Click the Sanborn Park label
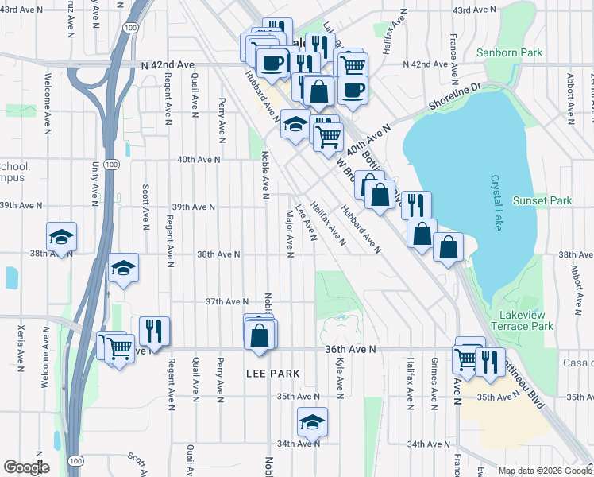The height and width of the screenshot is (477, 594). (508, 53)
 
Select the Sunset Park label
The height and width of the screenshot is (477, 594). (542, 201)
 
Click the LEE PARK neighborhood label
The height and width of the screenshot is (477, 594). (272, 373)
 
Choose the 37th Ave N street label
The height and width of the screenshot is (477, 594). (226, 302)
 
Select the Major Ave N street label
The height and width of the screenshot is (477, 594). (290, 234)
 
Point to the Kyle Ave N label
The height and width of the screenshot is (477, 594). (340, 377)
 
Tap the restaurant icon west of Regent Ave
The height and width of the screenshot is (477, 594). (154, 331)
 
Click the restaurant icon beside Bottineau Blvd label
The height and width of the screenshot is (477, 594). (490, 362)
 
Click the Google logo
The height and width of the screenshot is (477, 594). (27, 467)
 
